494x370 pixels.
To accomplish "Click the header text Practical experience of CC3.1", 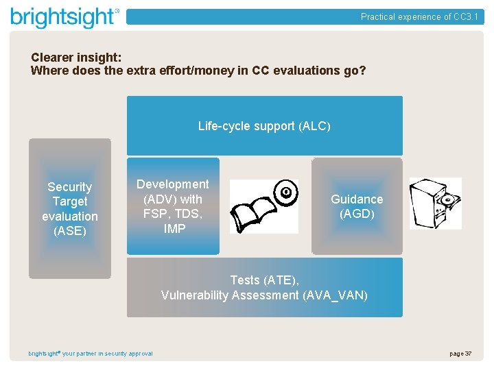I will pos(419,17).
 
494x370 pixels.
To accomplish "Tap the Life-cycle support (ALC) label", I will pos(264,126).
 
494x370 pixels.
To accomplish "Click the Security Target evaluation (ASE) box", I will pos(69,208).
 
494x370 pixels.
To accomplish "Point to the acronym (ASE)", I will pos(69,231).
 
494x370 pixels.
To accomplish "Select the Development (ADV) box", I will pos(173,206).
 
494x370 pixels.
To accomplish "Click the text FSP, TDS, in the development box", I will pos(173,214).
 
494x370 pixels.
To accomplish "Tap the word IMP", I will pos(174,229).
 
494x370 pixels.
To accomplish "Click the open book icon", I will pos(254,214).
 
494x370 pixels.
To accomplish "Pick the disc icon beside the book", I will pos(285,193).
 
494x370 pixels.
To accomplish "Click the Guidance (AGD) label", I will pos(357,206).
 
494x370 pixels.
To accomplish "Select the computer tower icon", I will pos(435,203).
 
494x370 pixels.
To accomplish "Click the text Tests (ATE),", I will pos(264,280).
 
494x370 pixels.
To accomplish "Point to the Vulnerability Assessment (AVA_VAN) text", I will pos(264,295).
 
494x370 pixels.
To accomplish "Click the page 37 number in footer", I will pos(460,354).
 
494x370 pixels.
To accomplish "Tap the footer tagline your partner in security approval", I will pos(108,354).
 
